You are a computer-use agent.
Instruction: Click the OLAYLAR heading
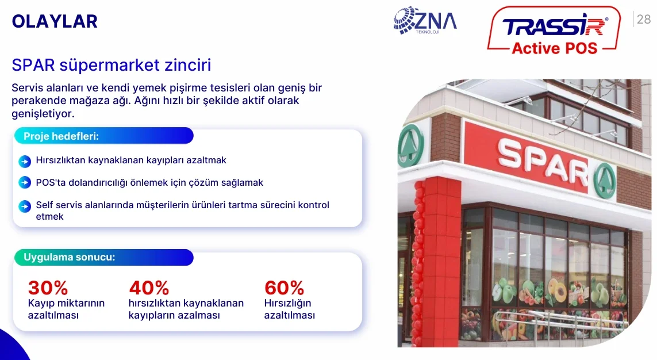click(55, 21)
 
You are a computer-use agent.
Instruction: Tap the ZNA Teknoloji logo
click(425, 21)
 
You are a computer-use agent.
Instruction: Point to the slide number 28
click(644, 20)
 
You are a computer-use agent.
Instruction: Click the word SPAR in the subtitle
click(33, 66)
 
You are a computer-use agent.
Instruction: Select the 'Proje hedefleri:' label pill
click(103, 136)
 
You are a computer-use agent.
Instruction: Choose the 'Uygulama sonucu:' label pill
click(103, 257)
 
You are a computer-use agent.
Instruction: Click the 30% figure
click(48, 288)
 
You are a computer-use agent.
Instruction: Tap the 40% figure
click(149, 288)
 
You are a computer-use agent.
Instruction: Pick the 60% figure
click(284, 288)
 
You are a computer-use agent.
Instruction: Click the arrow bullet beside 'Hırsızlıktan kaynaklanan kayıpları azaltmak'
click(25, 161)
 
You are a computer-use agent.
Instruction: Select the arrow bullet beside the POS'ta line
click(25, 183)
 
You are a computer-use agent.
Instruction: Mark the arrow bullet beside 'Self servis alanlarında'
click(25, 206)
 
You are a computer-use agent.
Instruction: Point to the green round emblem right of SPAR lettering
click(605, 180)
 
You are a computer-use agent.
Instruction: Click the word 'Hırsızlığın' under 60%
click(287, 304)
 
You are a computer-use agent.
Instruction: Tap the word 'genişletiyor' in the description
click(43, 113)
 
